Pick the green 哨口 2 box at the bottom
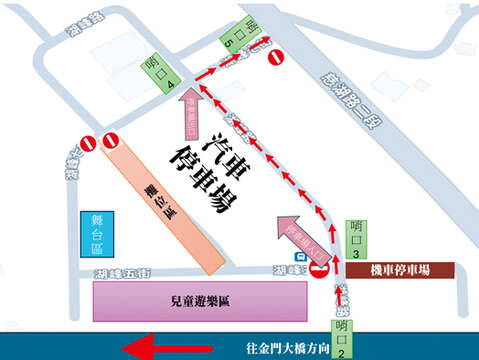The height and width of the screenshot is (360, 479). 343,338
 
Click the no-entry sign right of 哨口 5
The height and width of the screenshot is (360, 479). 276,57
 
